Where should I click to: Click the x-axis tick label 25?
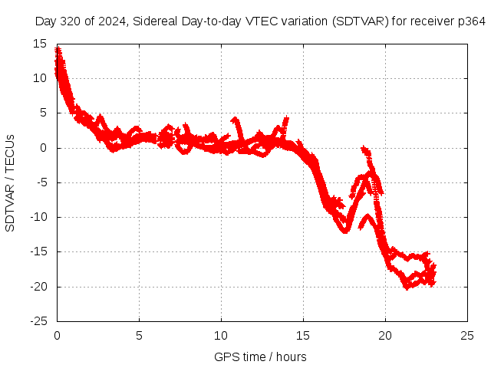point(468,335)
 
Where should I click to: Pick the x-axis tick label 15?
point(303,335)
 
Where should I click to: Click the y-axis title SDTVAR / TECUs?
point(10,182)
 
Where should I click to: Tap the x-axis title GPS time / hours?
point(261,356)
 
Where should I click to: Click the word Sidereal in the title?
point(156,21)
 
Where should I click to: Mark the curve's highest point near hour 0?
point(58,49)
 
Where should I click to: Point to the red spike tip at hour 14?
point(286,119)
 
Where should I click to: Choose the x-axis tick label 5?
point(139,335)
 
